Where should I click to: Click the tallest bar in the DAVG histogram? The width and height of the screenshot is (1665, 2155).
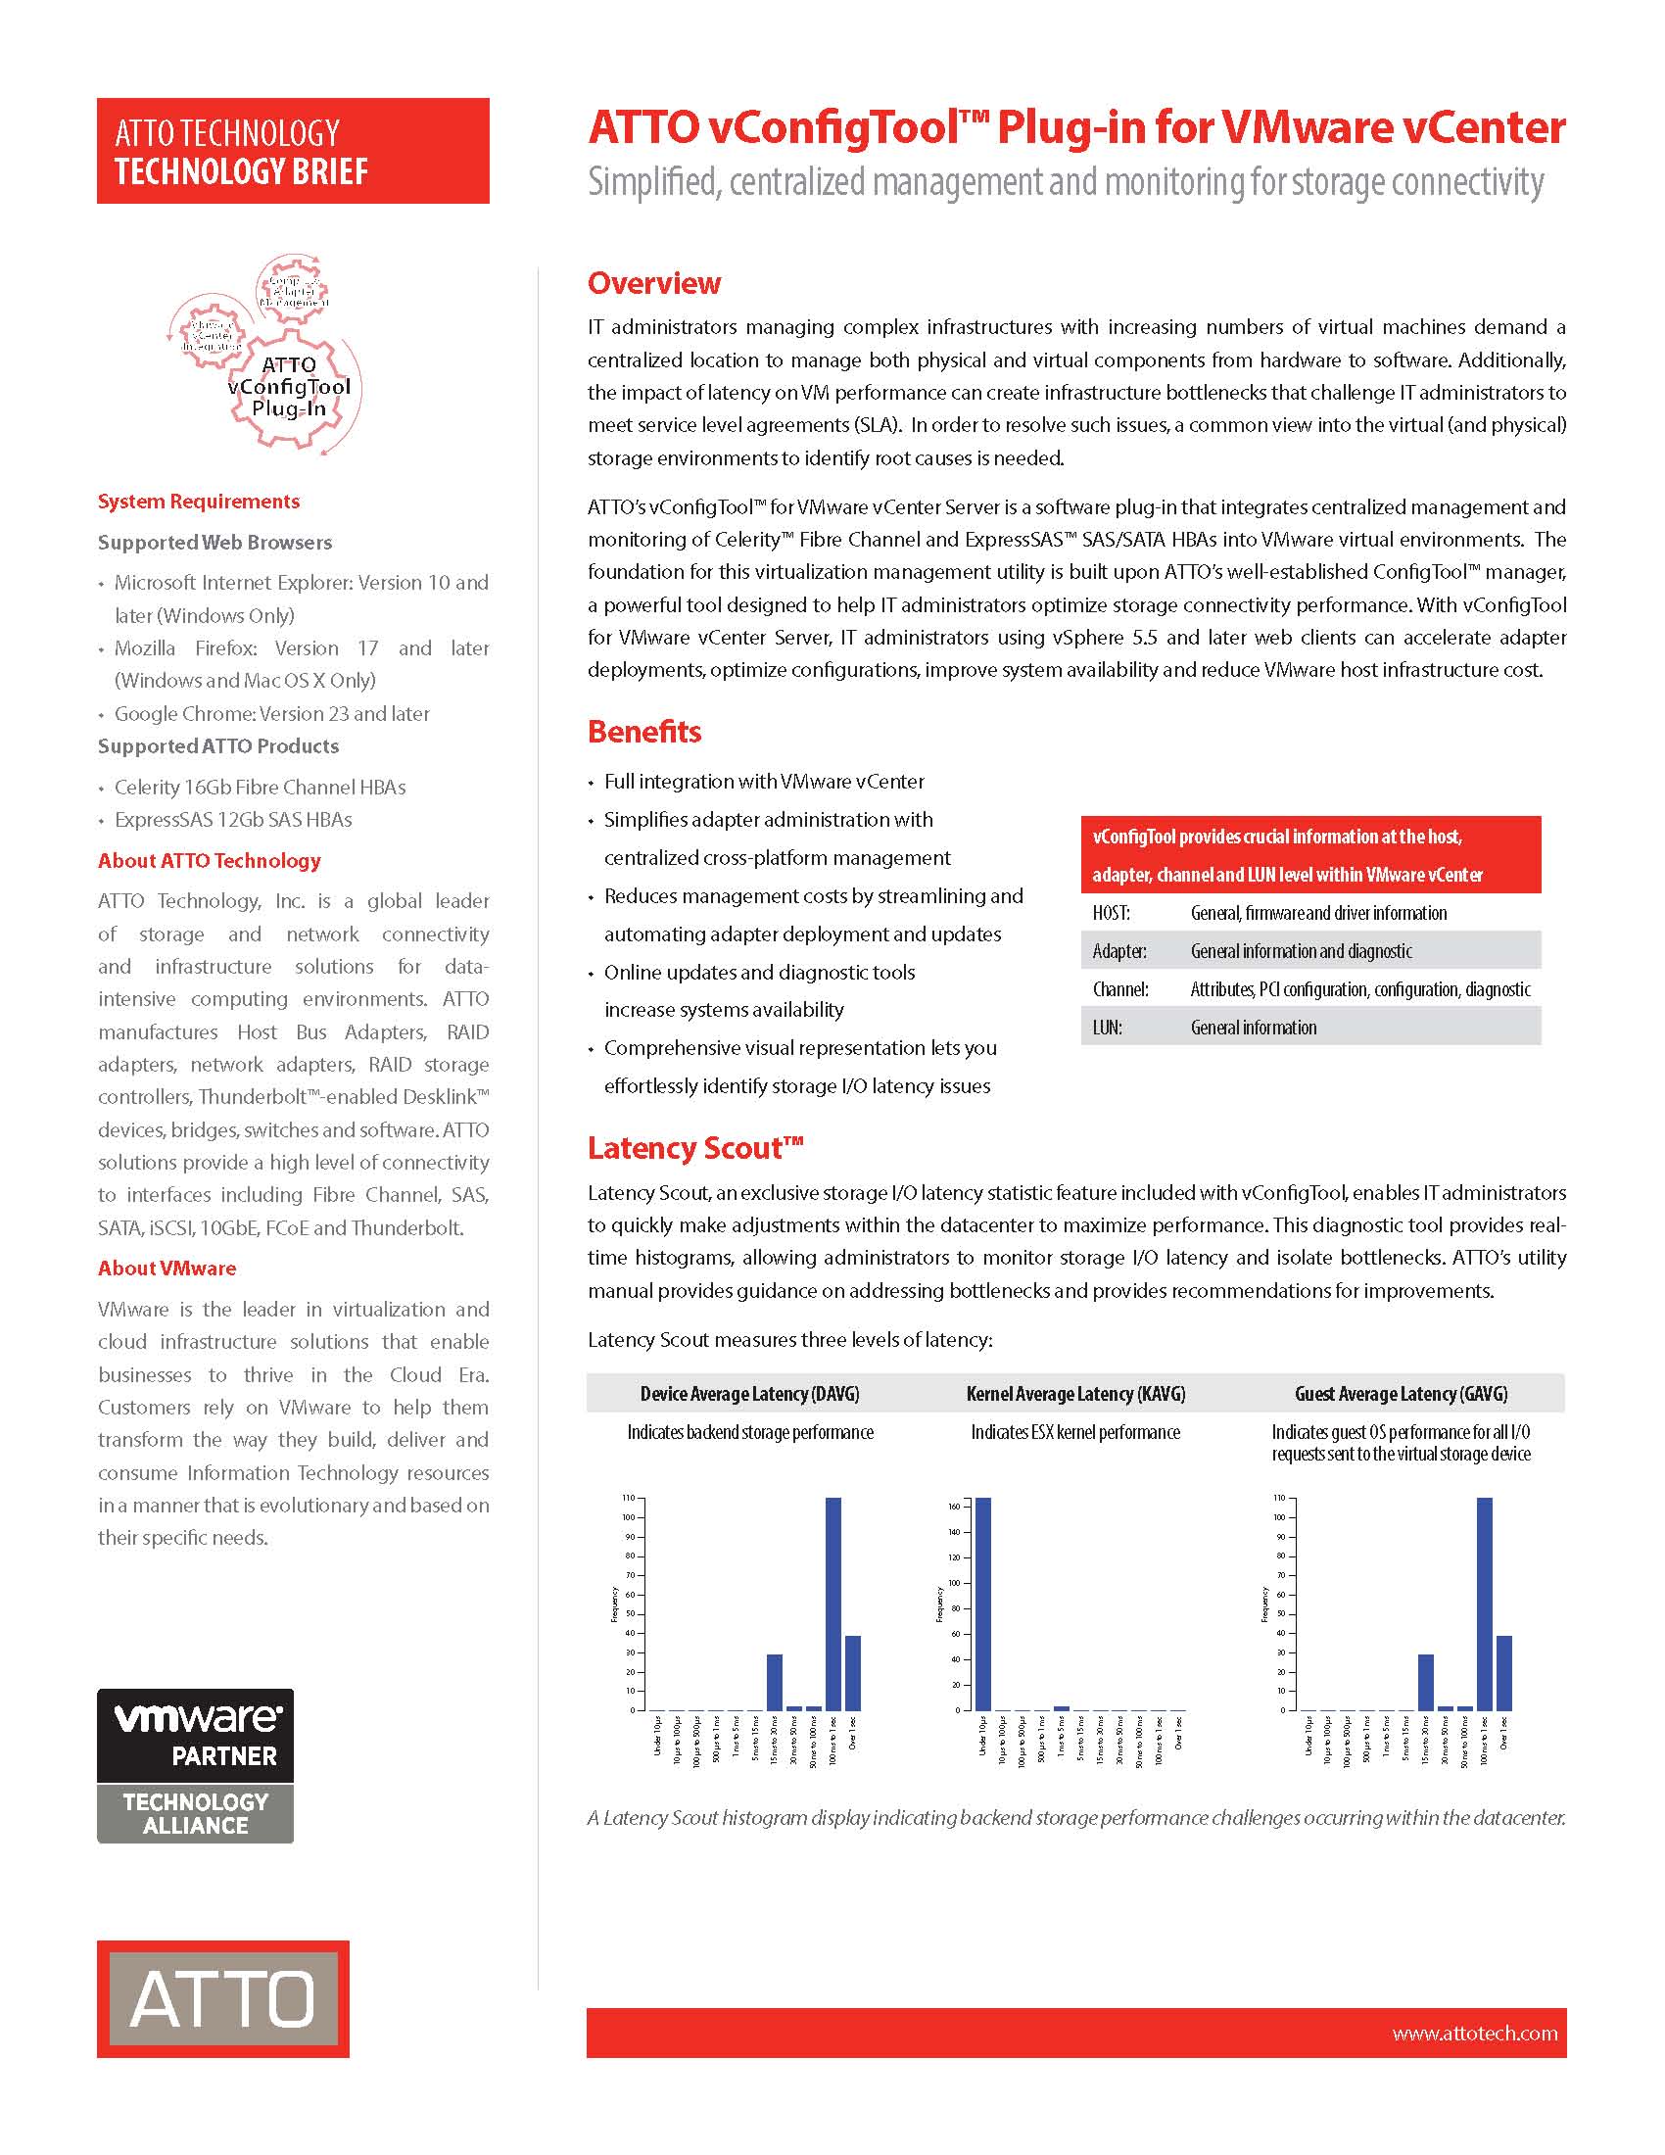click(832, 1604)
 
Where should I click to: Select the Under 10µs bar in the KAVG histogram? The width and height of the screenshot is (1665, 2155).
click(983, 1604)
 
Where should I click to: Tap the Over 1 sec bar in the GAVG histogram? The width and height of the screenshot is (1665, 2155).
click(1504, 1673)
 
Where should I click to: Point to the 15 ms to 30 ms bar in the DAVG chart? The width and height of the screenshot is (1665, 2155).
click(775, 1682)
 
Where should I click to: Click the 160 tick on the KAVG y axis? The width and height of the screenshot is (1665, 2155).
click(953, 1507)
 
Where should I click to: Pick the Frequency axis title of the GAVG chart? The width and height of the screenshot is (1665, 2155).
click(1264, 1604)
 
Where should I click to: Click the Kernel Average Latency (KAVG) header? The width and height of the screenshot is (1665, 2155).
click(1075, 1393)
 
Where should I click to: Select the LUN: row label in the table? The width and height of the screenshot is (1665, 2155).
click(1107, 1028)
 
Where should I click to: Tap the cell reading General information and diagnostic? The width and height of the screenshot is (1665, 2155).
click(1301, 951)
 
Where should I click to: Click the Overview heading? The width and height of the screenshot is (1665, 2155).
click(654, 283)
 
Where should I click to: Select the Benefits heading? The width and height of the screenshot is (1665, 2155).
click(644, 731)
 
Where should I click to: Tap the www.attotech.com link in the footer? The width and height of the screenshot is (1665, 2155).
click(1475, 2033)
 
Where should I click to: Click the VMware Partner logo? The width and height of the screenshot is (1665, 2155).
click(195, 1765)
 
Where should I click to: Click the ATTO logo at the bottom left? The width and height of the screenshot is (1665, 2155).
click(223, 1999)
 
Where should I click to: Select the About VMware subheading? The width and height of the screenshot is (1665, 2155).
click(166, 1268)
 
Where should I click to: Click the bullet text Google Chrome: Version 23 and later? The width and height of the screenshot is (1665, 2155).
click(272, 713)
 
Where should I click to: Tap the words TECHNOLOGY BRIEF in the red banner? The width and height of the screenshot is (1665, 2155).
click(241, 171)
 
